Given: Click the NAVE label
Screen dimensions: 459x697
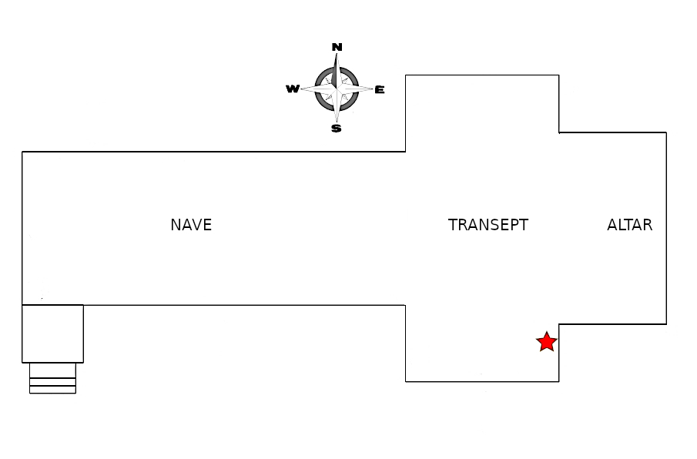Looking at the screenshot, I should coord(191,225).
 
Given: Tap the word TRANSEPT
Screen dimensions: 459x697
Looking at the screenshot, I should coord(488,225).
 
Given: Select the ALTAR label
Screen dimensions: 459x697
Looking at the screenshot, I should coord(629,225).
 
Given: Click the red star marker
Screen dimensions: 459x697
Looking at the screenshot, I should coord(546,342).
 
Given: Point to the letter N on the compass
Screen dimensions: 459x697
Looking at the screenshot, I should coord(337,47).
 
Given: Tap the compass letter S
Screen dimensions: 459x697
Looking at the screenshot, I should coord(336,129).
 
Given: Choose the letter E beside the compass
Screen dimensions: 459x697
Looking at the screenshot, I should coord(380,90).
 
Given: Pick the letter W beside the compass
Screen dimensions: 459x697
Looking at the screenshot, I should coord(293,89).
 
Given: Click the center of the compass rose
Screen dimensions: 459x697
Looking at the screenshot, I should coord(337,89).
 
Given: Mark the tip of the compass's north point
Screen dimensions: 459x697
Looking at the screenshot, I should coord(337,55).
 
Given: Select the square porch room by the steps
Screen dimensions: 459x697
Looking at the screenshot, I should coord(52,333).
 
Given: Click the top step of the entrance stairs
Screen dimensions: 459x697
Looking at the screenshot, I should coord(52,370).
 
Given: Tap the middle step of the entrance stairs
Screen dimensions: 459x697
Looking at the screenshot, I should coord(52,381).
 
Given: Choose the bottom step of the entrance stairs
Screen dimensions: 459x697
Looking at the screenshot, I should coord(52,390).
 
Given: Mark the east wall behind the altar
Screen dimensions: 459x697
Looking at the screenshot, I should coord(666,227).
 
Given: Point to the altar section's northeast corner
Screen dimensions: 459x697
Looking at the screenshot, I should coord(666,132).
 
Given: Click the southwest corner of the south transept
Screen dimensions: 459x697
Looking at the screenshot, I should coord(406,381).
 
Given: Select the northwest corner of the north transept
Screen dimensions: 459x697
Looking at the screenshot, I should coord(406,75).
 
